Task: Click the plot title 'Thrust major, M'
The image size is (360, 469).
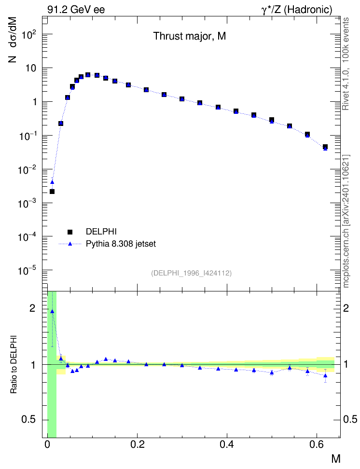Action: pos(190,36)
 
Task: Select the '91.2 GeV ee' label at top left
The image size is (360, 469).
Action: pos(76,10)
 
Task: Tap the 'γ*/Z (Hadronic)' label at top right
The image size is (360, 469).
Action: pos(297,10)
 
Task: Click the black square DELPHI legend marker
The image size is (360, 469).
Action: pos(70,232)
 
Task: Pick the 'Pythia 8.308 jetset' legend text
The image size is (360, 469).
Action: pos(121,244)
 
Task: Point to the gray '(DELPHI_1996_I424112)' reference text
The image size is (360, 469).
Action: pos(191,273)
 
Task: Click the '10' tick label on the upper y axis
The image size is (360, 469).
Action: pos(30,68)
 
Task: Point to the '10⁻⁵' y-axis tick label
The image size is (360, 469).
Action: pos(27,271)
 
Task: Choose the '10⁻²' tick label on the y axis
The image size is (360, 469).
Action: pos(27,169)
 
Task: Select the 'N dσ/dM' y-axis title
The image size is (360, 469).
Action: pos(13,40)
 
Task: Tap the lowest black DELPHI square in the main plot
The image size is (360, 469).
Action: pos(52,192)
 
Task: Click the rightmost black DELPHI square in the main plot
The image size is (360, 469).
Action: pos(325,147)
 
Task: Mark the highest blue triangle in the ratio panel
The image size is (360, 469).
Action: pos(53,311)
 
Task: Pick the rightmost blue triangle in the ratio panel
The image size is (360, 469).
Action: pos(325,376)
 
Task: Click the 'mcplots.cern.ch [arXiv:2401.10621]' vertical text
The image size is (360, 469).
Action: pos(346,221)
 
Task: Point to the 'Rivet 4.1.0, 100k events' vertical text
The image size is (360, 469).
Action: pos(346,64)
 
